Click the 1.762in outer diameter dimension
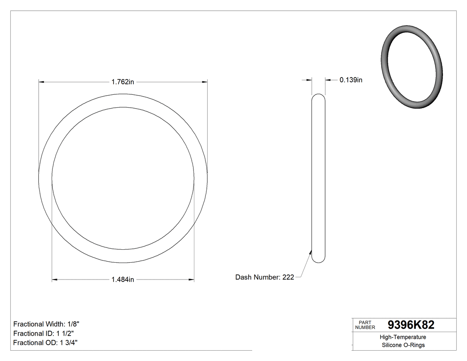(x=123, y=82)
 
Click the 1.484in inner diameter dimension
(x=123, y=280)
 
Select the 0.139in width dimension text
(x=351, y=80)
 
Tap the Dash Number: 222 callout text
(x=265, y=277)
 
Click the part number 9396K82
(x=411, y=325)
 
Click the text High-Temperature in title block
(x=403, y=337)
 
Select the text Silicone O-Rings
(x=403, y=345)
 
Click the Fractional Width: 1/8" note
(x=46, y=324)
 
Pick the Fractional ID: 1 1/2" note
(x=44, y=333)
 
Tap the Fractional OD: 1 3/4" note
(x=46, y=343)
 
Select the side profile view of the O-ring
(x=318, y=178)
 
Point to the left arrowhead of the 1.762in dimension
(x=41, y=82)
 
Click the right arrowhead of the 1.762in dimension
(x=205, y=82)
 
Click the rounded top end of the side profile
(x=318, y=97)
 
